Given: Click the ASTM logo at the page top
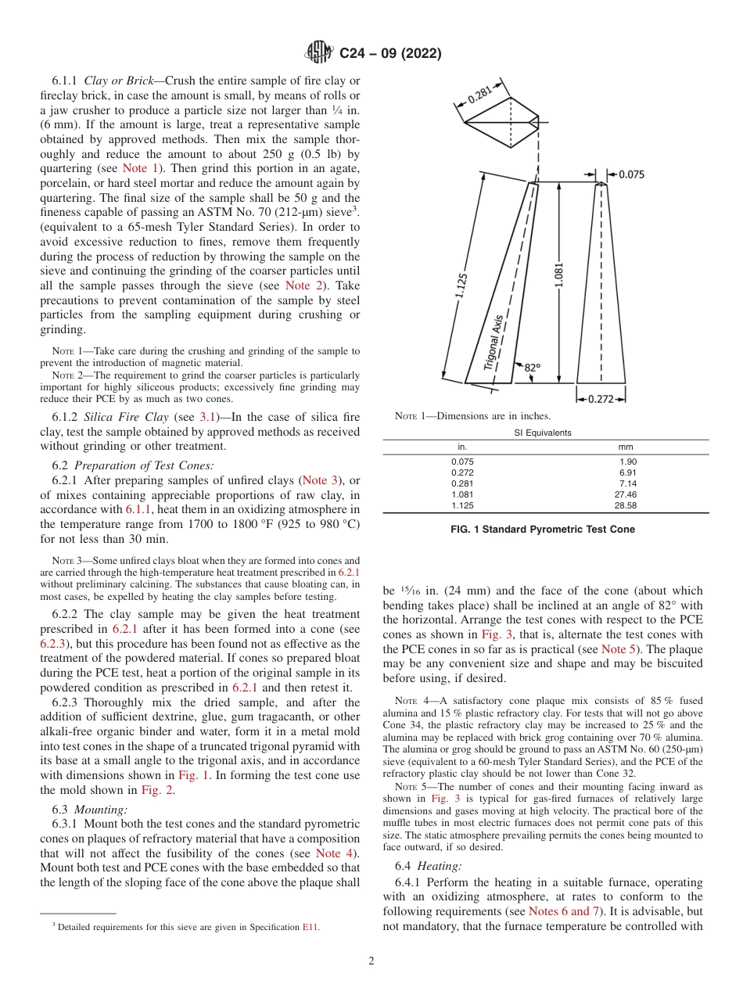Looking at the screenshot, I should pos(318,53).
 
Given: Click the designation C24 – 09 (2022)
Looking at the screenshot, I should pos(390,54).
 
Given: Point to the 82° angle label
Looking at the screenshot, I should pos(532,367).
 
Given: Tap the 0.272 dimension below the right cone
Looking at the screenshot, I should pos(601,398).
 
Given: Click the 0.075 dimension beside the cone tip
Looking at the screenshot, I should pos(630,174).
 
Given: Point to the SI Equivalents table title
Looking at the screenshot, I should pos(545,433).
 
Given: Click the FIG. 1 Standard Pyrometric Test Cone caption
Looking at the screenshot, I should pos(543,530).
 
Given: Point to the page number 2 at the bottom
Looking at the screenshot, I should pos(371,961).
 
